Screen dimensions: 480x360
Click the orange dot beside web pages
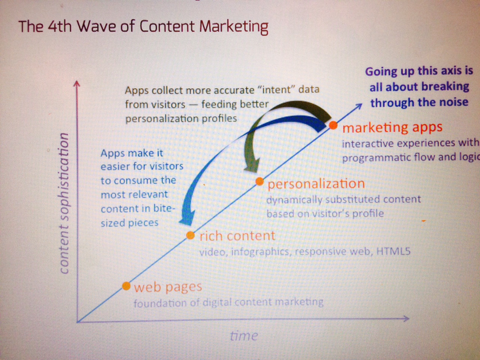tap(126, 286)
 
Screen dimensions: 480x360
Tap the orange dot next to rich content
tap(190, 235)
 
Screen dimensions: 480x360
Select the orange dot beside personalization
tap(259, 181)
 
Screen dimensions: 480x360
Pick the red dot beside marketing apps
tap(333, 125)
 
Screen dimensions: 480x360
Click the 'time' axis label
tap(244, 336)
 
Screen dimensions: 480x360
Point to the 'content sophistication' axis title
tap(64, 203)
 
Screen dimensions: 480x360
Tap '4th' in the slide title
tap(60, 27)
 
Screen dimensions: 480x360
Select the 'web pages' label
tap(168, 287)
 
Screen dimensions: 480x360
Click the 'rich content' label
tap(237, 236)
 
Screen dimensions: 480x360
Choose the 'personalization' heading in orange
tap(316, 184)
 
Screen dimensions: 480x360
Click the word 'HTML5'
tap(393, 251)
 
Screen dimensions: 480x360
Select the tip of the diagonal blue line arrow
tap(362, 104)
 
